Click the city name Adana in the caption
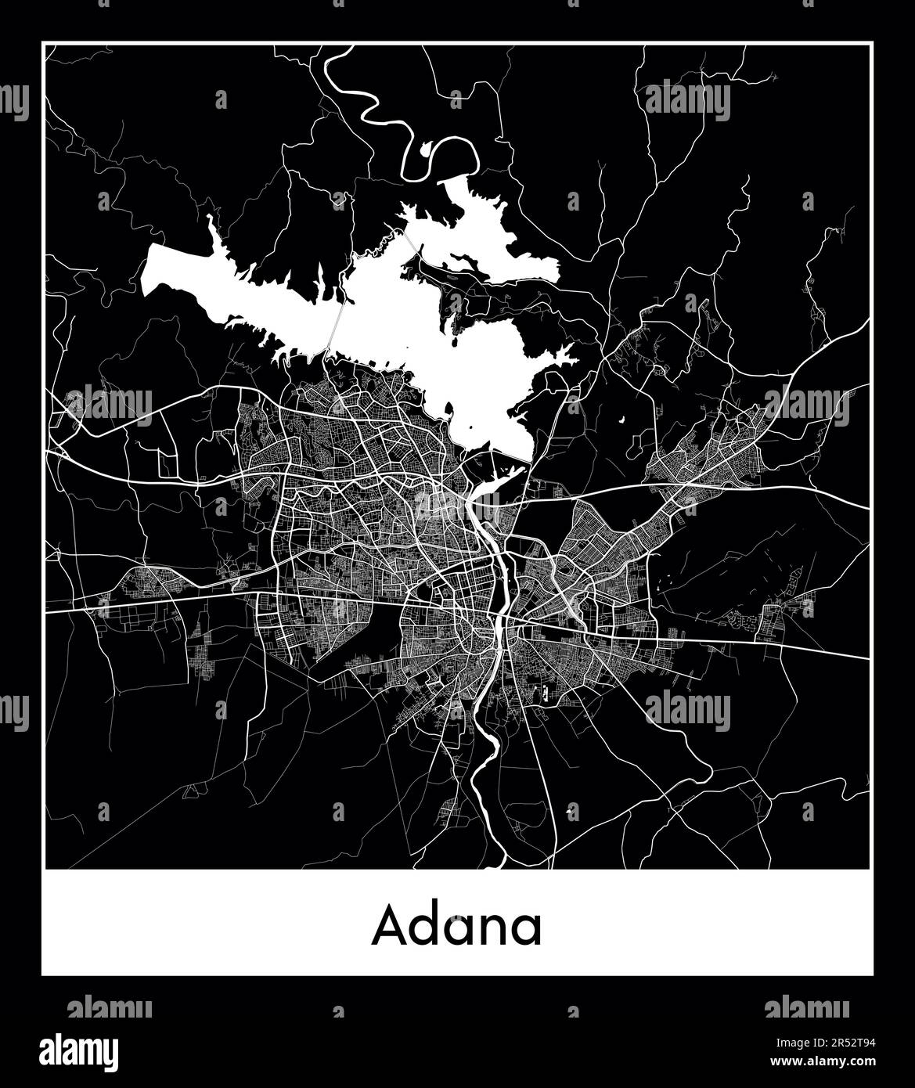point(456,925)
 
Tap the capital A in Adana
point(389,925)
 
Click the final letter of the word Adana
point(525,930)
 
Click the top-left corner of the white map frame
point(43,44)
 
